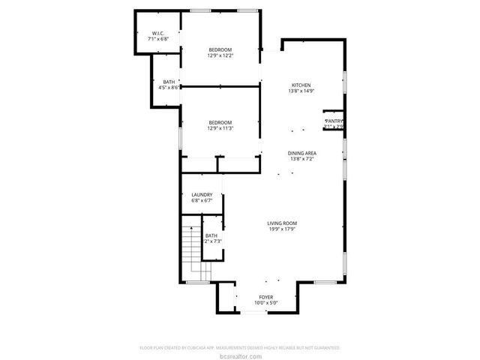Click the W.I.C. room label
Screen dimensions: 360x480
click(158, 33)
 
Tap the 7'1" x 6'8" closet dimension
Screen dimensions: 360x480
click(158, 40)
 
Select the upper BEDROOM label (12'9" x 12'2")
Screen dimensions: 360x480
click(220, 49)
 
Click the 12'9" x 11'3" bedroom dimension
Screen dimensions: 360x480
click(220, 128)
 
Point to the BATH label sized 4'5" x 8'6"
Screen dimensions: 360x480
click(169, 81)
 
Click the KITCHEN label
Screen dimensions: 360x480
click(301, 85)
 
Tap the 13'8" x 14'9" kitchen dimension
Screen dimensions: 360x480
click(301, 91)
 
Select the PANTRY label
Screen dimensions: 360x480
click(334, 121)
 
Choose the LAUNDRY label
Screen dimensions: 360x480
click(202, 194)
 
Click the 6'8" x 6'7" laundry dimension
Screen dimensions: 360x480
click(202, 200)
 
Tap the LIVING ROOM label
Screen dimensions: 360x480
click(283, 223)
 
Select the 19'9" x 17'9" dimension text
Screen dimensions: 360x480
click(283, 229)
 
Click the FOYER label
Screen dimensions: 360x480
click(266, 297)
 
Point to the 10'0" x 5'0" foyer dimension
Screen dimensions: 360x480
click(266, 303)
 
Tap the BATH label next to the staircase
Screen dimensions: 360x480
click(211, 235)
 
